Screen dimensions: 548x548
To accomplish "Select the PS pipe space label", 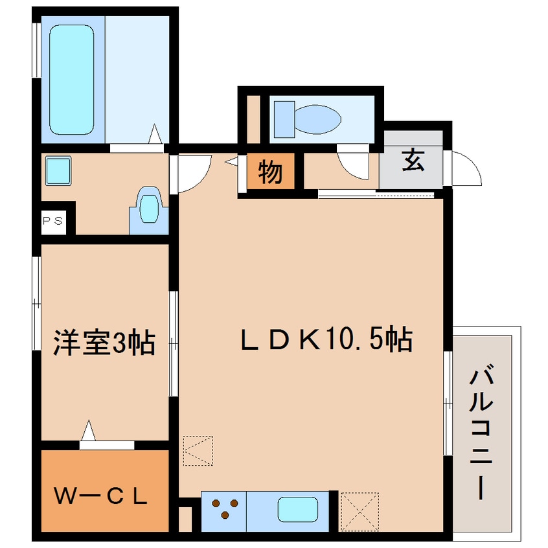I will (53, 220).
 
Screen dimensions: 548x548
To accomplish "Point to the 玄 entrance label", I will (413, 160).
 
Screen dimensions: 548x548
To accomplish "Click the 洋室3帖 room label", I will (104, 342).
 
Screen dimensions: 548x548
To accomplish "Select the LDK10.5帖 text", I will (326, 339).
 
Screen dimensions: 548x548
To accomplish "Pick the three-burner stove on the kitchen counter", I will (224, 507).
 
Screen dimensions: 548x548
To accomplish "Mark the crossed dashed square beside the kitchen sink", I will (359, 512).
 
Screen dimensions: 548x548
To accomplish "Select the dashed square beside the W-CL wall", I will (198, 450).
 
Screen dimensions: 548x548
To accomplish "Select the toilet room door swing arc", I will (354, 167).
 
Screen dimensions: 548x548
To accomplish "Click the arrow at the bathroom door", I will (155, 134).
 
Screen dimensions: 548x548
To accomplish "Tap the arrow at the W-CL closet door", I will (89, 430).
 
